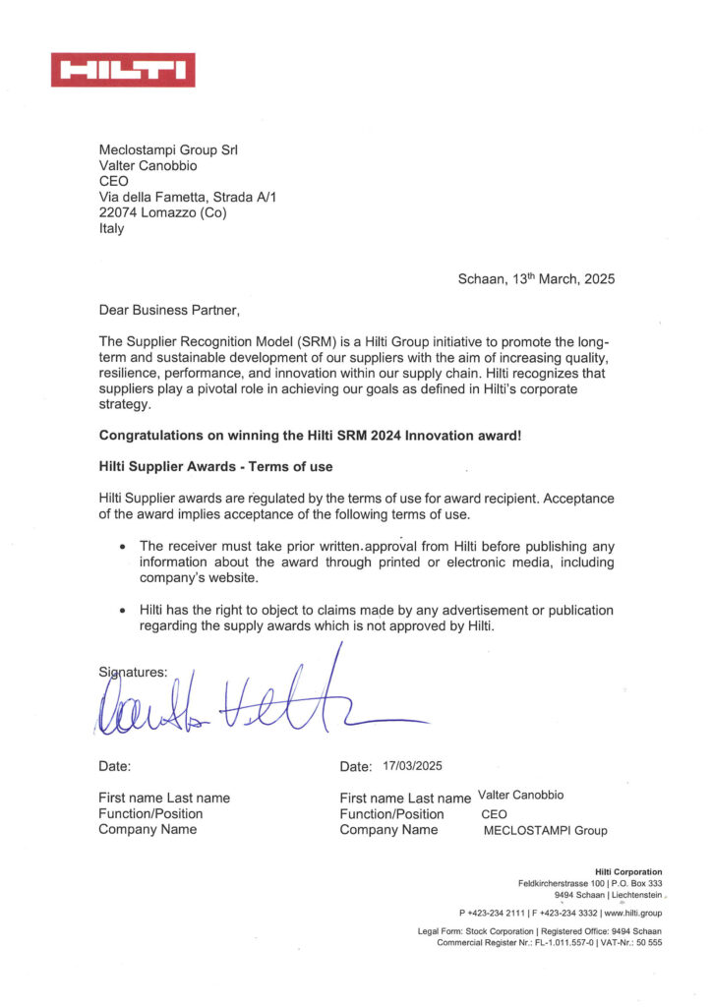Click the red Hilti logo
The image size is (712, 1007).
click(x=123, y=70)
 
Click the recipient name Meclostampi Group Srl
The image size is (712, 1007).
click(x=168, y=150)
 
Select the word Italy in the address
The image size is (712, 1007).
click(x=112, y=229)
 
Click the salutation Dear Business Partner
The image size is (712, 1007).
click(x=169, y=311)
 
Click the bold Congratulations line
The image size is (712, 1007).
click(x=311, y=435)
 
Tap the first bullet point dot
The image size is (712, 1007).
click(x=122, y=547)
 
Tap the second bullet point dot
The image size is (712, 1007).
click(x=122, y=611)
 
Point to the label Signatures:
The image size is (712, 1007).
click(x=134, y=673)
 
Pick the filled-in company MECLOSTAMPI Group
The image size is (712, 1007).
click(x=545, y=830)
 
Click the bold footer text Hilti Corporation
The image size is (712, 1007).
click(x=628, y=872)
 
